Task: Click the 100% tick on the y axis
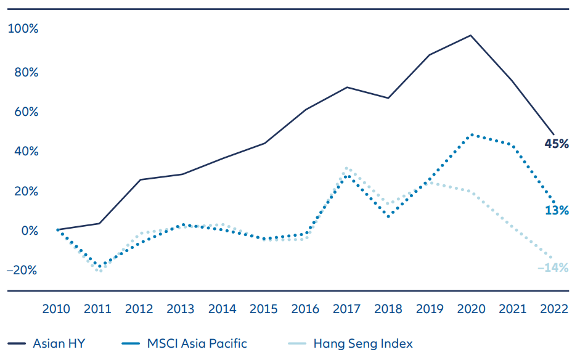tap(23, 29)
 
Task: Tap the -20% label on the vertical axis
tap(22, 270)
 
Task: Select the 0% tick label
tap(28, 231)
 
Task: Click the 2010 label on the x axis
tap(57, 308)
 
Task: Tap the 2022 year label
tap(554, 308)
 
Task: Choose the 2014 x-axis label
tap(223, 308)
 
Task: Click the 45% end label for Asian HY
tap(556, 144)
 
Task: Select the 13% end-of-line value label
tap(557, 210)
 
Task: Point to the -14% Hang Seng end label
tap(553, 268)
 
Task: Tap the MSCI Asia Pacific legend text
tap(195, 343)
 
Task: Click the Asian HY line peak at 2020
tap(471, 35)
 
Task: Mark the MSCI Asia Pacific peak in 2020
tap(471, 134)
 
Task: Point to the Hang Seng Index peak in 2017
tap(347, 167)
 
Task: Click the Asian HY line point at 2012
tap(141, 179)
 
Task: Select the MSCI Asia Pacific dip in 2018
tap(388, 216)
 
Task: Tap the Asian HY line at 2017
tap(347, 87)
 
